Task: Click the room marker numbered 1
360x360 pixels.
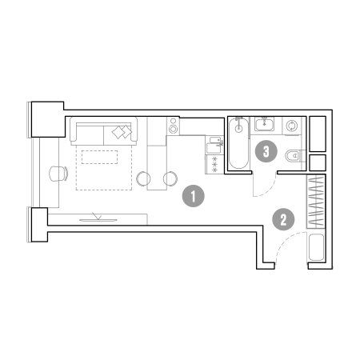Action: (194, 196)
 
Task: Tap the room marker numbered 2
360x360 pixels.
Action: (283, 219)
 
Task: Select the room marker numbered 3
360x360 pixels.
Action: (266, 151)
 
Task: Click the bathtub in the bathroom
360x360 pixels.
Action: (238, 143)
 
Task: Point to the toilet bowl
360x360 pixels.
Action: (294, 155)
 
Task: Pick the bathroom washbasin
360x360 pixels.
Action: (264, 124)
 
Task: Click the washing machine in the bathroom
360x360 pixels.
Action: (292, 126)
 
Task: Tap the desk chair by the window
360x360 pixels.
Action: (58, 174)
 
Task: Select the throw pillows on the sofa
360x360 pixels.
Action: (122, 132)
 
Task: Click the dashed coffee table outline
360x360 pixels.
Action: (99, 157)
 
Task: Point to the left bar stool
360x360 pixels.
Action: (143, 178)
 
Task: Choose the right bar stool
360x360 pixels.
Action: (170, 178)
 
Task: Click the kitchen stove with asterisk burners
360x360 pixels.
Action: (214, 165)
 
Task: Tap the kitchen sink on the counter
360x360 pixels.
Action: (214, 145)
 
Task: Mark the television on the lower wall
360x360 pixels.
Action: (98, 218)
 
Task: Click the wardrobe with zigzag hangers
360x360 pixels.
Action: (316, 202)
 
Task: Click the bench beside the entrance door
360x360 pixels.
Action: (316, 247)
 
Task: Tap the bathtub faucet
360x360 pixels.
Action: (238, 119)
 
